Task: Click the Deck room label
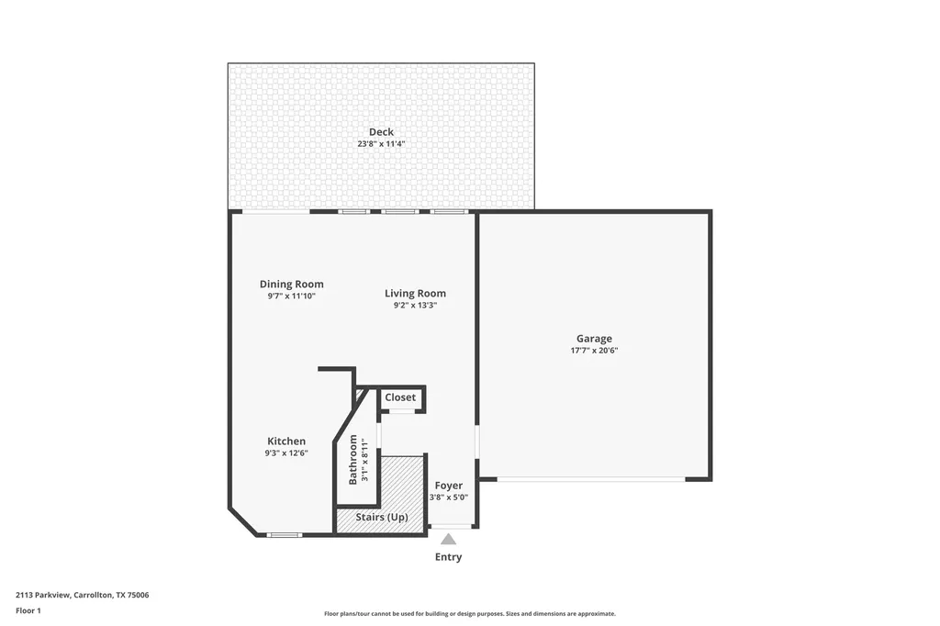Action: (x=381, y=132)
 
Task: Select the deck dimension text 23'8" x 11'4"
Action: (x=381, y=144)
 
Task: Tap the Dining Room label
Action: (x=291, y=285)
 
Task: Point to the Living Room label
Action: (x=416, y=293)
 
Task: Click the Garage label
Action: (x=594, y=339)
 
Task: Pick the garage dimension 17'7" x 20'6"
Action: (x=594, y=351)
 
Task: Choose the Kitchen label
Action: (x=286, y=442)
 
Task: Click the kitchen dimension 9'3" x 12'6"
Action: (x=286, y=453)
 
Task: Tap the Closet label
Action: (x=400, y=397)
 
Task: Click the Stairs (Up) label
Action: (x=382, y=517)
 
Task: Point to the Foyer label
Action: (x=448, y=486)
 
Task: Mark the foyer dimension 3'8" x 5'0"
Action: (x=448, y=497)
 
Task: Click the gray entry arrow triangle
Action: (x=448, y=540)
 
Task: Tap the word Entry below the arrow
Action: (x=448, y=557)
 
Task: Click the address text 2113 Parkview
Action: (x=43, y=595)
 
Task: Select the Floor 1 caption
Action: (x=28, y=610)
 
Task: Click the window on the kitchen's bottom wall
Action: (x=285, y=535)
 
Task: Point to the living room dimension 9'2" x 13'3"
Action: (x=416, y=306)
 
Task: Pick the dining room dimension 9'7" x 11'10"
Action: (x=291, y=296)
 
